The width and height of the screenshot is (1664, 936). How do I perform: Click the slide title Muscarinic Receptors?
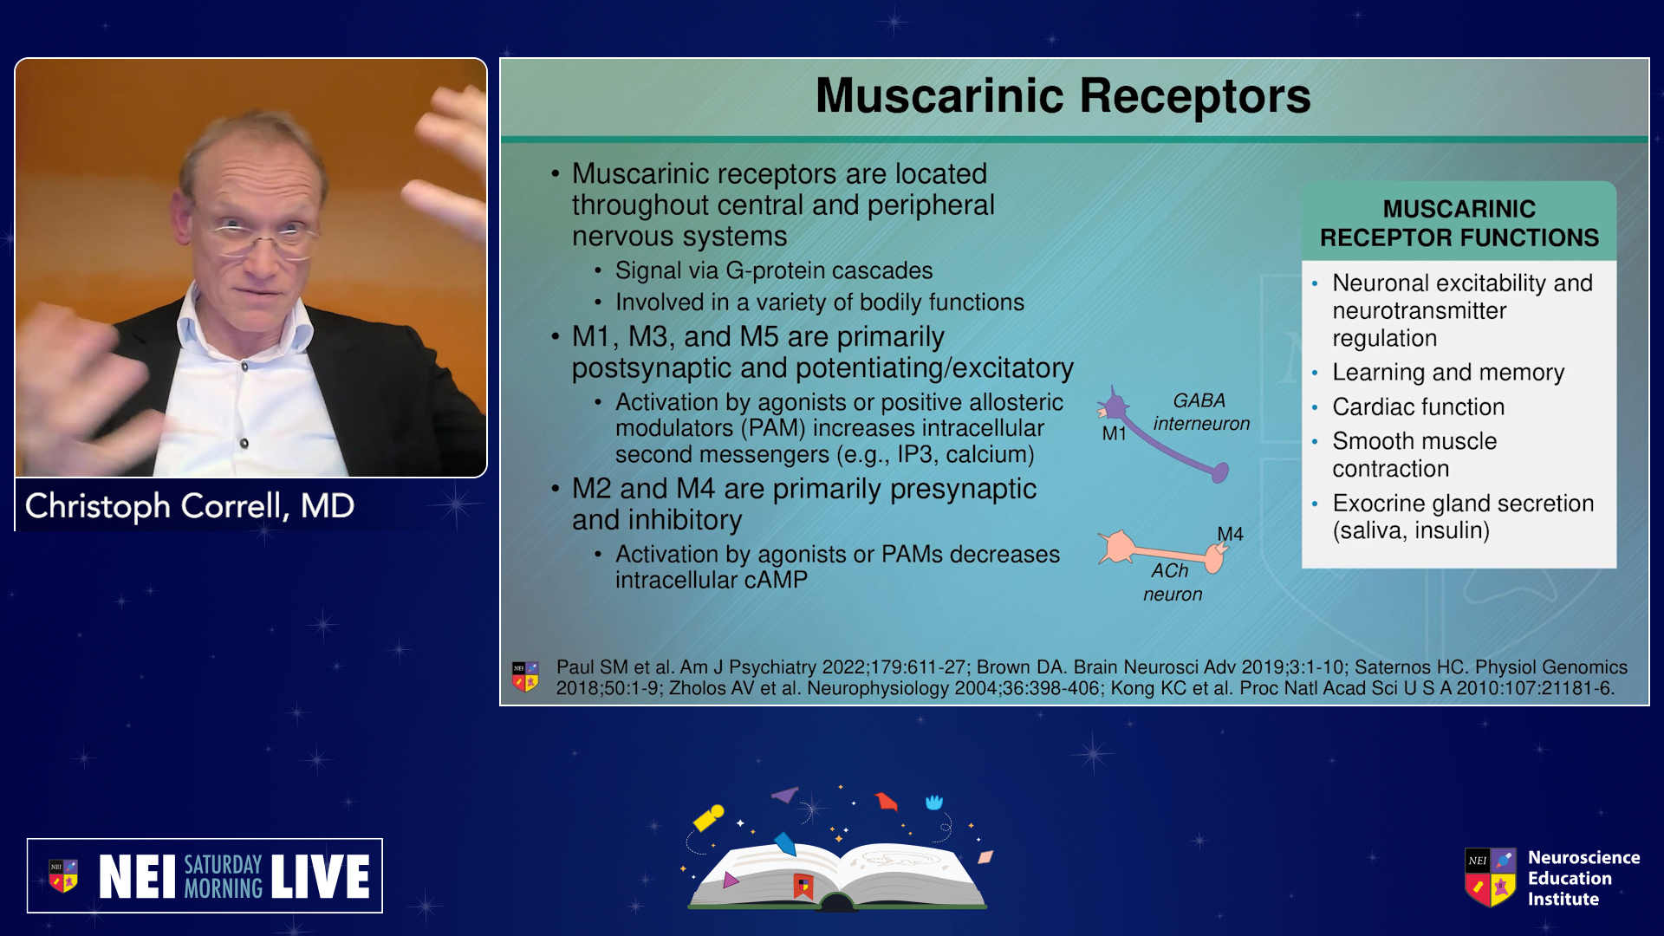[x=1063, y=96]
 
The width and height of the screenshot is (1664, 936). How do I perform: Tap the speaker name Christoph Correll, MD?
[x=190, y=506]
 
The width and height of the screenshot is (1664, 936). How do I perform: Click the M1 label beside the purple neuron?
[x=1114, y=433]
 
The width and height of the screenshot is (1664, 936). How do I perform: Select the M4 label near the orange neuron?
[x=1230, y=534]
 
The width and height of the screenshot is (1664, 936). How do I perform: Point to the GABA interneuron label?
[x=1201, y=412]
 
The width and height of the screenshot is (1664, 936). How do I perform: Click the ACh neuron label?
[x=1172, y=582]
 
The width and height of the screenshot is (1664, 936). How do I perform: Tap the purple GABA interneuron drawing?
[x=1161, y=438]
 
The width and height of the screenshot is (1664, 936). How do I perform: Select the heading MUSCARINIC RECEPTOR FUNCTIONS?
[x=1459, y=223]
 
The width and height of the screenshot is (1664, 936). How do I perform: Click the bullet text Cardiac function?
[x=1418, y=406]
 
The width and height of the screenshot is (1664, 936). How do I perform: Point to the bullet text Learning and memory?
[x=1448, y=373]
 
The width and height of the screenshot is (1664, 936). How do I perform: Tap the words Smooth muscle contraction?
[x=1414, y=454]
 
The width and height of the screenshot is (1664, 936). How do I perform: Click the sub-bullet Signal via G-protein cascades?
[x=774, y=270]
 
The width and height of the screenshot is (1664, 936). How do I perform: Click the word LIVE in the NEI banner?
[x=321, y=876]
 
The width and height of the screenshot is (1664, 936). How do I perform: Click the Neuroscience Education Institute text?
[x=1583, y=878]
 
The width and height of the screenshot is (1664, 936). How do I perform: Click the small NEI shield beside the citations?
[x=525, y=677]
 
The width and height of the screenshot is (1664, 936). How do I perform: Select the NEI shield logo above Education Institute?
[x=1491, y=877]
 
